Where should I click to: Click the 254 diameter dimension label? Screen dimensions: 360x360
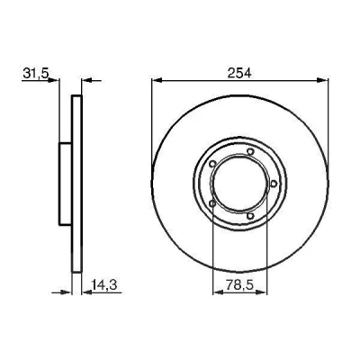(239, 73)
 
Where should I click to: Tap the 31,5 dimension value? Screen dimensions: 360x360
(35, 73)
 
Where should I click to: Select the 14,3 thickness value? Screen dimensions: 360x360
(103, 285)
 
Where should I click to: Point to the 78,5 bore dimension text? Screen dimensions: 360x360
(239, 285)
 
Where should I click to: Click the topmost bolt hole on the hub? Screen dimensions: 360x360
(250, 151)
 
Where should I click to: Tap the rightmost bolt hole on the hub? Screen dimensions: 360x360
(274, 184)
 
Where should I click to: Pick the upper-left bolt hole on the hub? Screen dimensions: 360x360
(212, 164)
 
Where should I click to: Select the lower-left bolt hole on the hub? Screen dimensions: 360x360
(212, 203)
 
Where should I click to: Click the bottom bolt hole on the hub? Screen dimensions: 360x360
(250, 215)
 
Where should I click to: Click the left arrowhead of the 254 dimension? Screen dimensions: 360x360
(157, 80)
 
